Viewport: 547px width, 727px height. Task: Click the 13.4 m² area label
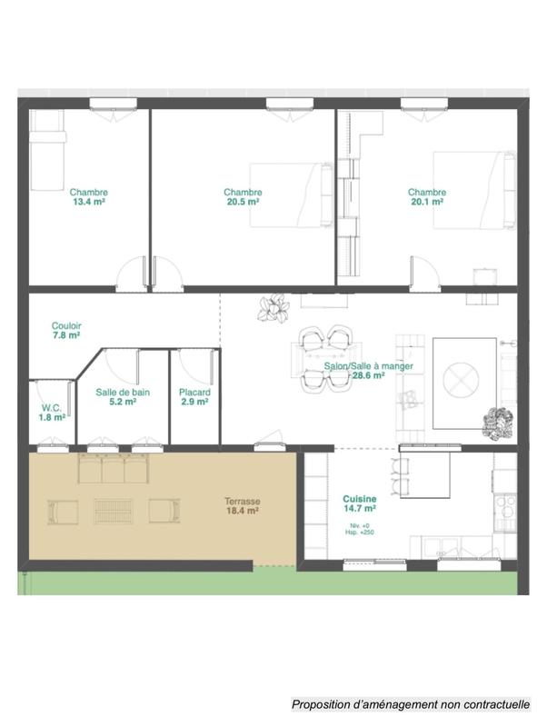coord(89,203)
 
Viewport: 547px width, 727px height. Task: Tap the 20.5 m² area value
coord(243,203)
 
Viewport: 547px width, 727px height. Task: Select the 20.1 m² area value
coord(426,203)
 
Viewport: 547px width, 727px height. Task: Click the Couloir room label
coord(66,324)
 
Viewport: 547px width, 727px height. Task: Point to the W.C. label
coord(52,407)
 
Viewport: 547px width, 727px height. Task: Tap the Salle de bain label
coord(123,392)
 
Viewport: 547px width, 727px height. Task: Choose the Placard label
coord(194,392)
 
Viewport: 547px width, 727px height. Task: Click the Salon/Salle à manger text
coord(368,366)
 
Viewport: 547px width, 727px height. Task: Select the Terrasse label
coord(243,501)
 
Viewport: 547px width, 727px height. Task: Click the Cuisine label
coord(360,499)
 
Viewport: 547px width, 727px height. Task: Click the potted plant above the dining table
coord(273,309)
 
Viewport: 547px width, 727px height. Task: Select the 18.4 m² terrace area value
coord(243,512)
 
